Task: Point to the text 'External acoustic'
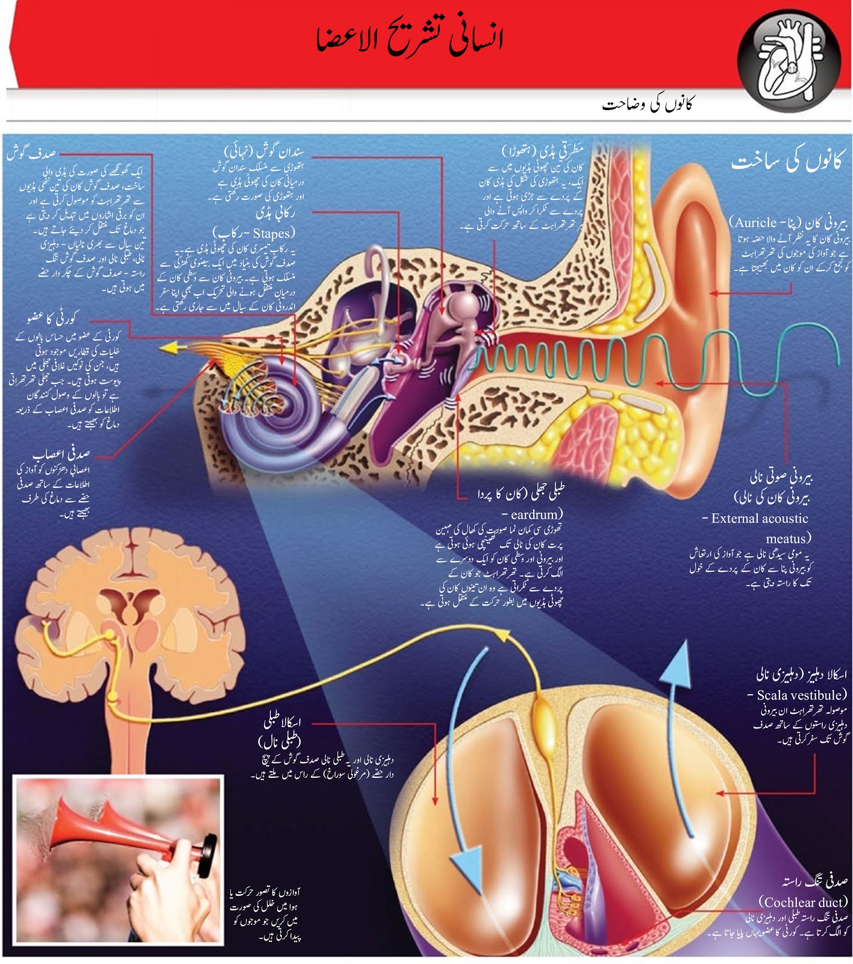tap(759, 518)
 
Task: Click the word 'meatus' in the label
tap(786, 538)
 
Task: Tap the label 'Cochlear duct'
tap(802, 902)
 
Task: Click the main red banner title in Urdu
tap(410, 40)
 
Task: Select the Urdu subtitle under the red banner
tap(648, 104)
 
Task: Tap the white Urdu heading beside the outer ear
tap(786, 161)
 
